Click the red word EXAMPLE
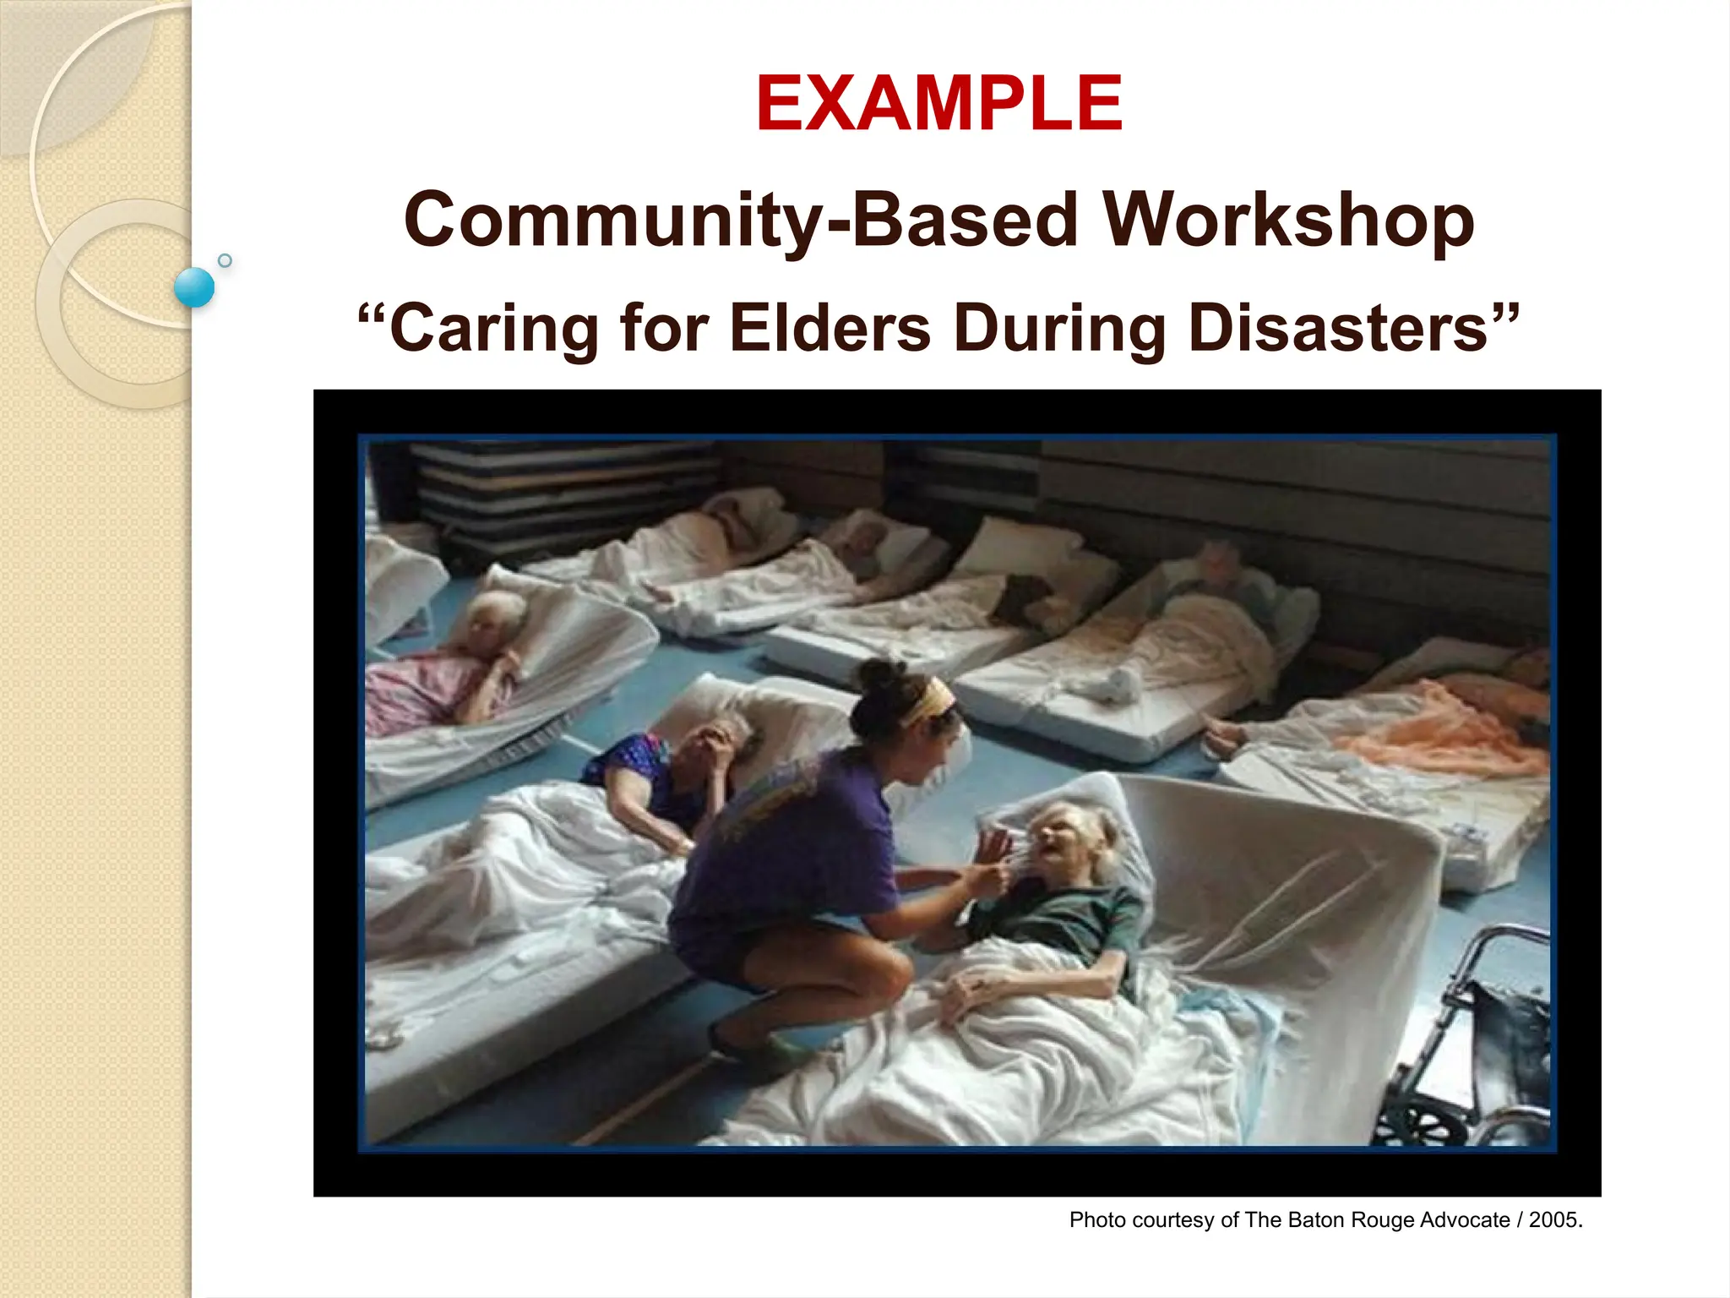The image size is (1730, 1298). coord(938,104)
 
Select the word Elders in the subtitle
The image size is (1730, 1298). coord(830,328)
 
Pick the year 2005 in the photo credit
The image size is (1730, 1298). coord(1553,1220)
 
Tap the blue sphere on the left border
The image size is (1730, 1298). coord(194,287)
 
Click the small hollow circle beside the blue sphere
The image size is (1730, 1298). coord(225,260)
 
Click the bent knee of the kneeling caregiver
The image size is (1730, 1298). coord(887,972)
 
